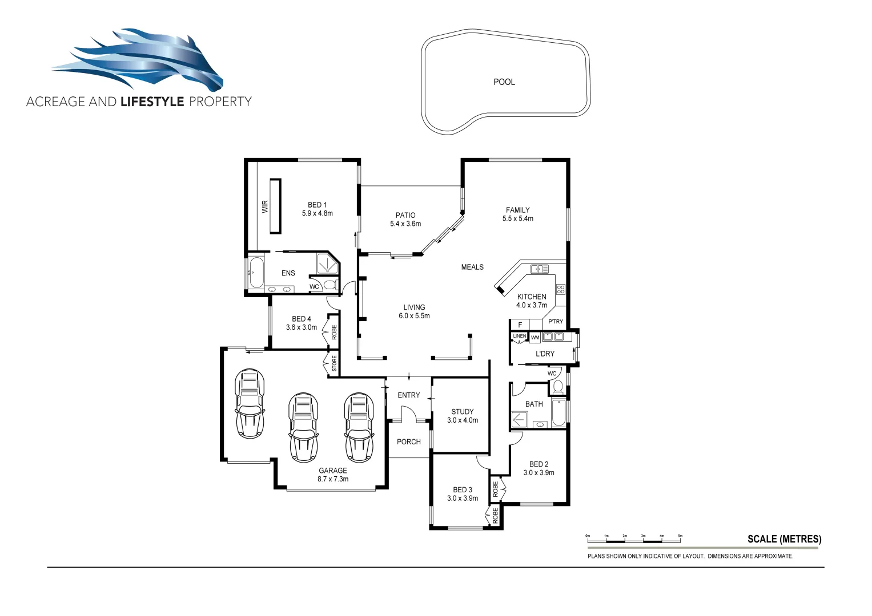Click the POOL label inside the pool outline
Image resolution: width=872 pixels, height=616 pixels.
[504, 82]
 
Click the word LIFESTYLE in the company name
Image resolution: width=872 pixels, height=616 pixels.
[152, 102]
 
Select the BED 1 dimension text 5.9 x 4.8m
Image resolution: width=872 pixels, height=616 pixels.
[317, 213]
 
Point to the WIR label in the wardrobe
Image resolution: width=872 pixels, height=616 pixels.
[264, 206]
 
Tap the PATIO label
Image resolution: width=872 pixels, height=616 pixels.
[405, 215]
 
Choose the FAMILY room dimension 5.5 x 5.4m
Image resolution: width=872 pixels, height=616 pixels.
[517, 218]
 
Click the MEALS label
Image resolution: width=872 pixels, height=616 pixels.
[472, 267]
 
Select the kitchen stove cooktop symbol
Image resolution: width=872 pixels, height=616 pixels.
[561, 289]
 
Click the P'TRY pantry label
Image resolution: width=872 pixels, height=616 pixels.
[555, 322]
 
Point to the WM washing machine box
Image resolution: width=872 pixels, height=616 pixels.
[535, 338]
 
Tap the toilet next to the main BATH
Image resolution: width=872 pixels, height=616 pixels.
[558, 387]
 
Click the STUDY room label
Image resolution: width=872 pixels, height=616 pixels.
[462, 411]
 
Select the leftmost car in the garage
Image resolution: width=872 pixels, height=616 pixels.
[250, 403]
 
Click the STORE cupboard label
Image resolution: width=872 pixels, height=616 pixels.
[334, 363]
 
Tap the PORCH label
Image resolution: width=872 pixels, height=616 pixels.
[408, 441]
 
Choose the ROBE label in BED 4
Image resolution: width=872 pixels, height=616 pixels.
[334, 331]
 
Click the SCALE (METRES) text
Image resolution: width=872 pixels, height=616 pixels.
[784, 539]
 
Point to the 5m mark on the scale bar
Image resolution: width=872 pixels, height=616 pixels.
[680, 537]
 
